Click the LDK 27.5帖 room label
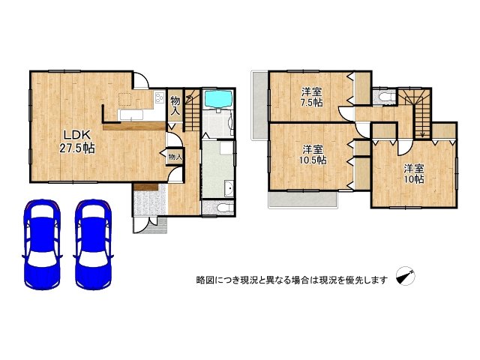(x=76, y=142)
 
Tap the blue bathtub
(x=218, y=99)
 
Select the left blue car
(x=42, y=244)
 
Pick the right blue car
(x=93, y=244)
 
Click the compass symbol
(x=406, y=276)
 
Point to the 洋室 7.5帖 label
(x=312, y=97)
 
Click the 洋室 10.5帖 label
(x=313, y=154)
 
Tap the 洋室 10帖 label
(x=414, y=173)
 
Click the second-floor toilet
(x=385, y=97)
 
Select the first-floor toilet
(x=224, y=208)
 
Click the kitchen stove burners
(x=160, y=98)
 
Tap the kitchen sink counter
(x=132, y=115)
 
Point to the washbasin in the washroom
(x=228, y=188)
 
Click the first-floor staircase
(x=192, y=110)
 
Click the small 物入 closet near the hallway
(x=175, y=157)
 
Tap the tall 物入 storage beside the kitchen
(x=175, y=106)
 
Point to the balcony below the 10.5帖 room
(x=303, y=199)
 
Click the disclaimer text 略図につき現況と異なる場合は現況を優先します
(x=292, y=280)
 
